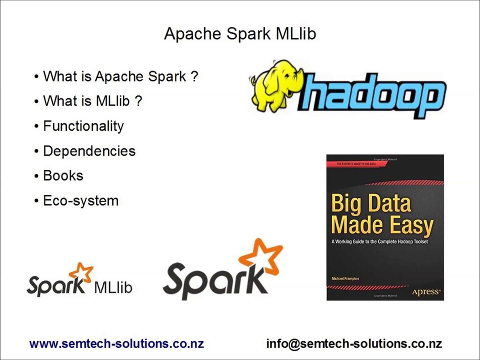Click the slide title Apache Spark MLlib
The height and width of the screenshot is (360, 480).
(240, 34)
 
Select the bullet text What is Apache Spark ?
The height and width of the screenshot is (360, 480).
(120, 76)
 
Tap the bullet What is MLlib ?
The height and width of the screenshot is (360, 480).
(92, 101)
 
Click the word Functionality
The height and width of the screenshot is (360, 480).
(83, 126)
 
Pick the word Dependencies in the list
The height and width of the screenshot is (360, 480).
(89, 151)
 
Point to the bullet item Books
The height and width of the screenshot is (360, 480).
(63, 176)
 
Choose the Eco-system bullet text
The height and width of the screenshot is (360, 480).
(80, 201)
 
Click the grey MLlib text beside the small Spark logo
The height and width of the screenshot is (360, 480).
(113, 287)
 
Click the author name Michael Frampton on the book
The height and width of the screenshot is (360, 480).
(345, 278)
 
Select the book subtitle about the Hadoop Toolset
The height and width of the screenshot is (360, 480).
(379, 242)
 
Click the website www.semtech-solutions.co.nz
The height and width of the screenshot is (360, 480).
(116, 344)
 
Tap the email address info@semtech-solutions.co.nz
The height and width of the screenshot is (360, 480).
(354, 344)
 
